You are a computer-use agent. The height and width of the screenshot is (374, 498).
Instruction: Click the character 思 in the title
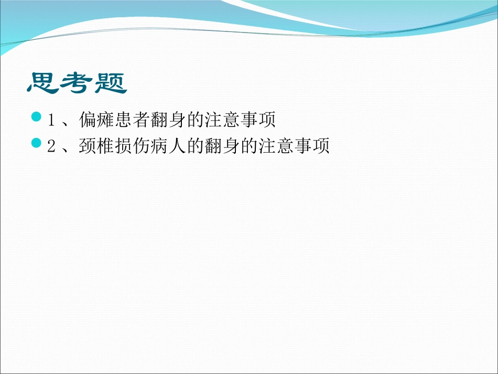tap(42, 83)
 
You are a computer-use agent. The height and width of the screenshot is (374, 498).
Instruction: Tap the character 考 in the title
tap(76, 83)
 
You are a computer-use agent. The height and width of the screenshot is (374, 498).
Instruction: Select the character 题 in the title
tap(111, 83)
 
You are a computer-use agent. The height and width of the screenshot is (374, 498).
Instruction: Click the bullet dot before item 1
tap(36, 116)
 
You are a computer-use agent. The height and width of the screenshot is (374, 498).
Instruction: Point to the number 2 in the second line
tap(51, 147)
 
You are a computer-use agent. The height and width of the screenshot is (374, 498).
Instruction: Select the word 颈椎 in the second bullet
tap(96, 147)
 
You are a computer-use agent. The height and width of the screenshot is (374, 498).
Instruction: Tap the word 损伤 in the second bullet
tap(132, 147)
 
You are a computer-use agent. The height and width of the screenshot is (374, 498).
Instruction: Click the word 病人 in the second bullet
tap(168, 147)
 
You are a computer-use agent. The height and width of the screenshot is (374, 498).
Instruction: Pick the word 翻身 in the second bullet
tap(222, 147)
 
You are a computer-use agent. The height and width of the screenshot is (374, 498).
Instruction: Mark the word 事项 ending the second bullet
tap(311, 147)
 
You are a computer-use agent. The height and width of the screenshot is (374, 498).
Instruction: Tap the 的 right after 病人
tap(195, 147)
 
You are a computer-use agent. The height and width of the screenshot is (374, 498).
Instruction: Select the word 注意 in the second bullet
tap(276, 147)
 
